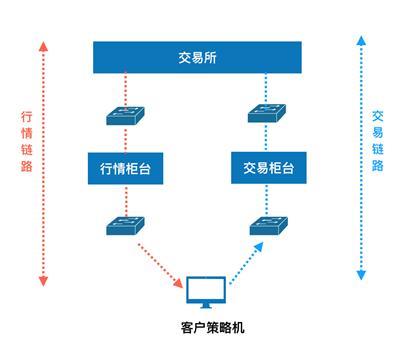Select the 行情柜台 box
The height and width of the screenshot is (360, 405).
125,165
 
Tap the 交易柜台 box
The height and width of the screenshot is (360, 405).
265,165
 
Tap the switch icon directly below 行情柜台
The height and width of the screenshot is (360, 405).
125,225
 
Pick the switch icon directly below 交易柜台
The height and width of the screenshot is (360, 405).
265,225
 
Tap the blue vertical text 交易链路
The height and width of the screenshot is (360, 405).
378,142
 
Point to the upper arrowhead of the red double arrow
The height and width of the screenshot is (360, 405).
42,44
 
